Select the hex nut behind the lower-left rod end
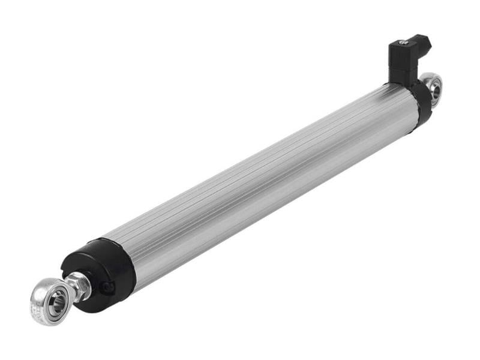tap(80, 285)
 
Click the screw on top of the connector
tap(403, 42)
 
